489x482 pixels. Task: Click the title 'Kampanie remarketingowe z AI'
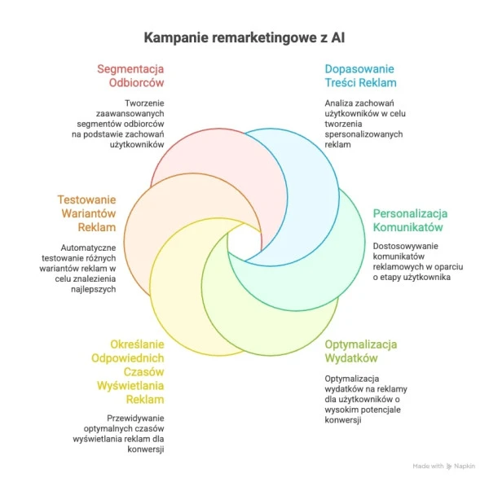click(244, 38)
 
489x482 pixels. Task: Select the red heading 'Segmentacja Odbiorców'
click(130, 76)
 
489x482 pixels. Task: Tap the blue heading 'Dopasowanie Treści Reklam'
click(360, 76)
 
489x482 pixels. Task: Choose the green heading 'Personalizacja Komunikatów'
click(411, 221)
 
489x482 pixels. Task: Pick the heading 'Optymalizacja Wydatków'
click(361, 352)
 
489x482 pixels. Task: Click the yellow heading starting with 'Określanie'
click(128, 372)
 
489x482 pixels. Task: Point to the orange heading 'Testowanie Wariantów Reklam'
click(86, 213)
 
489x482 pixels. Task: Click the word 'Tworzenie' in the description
click(144, 103)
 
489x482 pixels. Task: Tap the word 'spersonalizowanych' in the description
click(363, 134)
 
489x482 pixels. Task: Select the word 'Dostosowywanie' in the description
click(405, 246)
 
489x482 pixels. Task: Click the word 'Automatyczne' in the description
click(88, 248)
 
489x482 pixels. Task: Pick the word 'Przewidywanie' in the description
click(135, 418)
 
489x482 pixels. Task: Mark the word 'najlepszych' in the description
click(94, 290)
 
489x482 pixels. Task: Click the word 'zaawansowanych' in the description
click(130, 113)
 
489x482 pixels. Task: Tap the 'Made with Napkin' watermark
click(444, 466)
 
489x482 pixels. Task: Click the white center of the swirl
click(244, 243)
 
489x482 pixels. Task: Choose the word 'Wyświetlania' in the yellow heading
click(130, 386)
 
